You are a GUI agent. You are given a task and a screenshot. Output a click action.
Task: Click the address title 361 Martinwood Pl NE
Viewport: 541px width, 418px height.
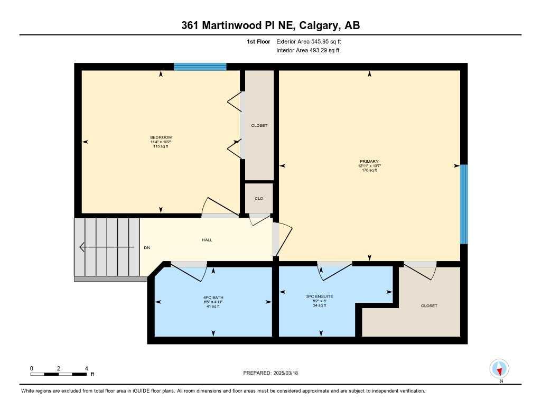pyautogui.click(x=270, y=25)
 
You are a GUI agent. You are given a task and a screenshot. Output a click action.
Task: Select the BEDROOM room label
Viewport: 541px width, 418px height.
pyautogui.click(x=161, y=137)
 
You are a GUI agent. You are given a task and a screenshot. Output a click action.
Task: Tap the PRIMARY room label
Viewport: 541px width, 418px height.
pyautogui.click(x=369, y=162)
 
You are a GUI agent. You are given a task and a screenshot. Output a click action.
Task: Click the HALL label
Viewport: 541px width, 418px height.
pyautogui.click(x=207, y=240)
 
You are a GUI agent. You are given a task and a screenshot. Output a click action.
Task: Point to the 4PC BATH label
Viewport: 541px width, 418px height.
pyautogui.click(x=213, y=297)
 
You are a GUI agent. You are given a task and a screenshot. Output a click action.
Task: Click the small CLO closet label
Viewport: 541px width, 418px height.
pyautogui.click(x=259, y=198)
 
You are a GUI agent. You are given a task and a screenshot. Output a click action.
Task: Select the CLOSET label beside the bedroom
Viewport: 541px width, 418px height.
pyautogui.click(x=259, y=126)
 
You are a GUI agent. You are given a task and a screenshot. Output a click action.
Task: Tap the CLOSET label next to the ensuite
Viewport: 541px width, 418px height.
pyautogui.click(x=429, y=306)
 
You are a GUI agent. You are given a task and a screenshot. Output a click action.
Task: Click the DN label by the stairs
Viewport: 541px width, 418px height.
pyautogui.click(x=147, y=247)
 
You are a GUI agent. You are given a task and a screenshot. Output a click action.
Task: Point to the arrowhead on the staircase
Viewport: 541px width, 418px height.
pyautogui.click(x=81, y=247)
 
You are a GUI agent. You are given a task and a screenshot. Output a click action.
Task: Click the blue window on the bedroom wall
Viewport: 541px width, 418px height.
pyautogui.click(x=200, y=67)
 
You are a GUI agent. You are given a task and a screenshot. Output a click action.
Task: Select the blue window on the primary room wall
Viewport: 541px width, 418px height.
pyautogui.click(x=464, y=204)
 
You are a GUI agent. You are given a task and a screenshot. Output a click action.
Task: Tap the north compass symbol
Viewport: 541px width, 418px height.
pyautogui.click(x=499, y=368)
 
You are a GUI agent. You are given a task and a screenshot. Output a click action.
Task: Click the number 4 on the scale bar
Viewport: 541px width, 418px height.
pyautogui.click(x=86, y=368)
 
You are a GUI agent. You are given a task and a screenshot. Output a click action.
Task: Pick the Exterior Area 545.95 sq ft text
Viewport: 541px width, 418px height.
pyautogui.click(x=312, y=41)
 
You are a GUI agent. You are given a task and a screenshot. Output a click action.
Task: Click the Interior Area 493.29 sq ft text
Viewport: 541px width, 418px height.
pyautogui.click(x=307, y=51)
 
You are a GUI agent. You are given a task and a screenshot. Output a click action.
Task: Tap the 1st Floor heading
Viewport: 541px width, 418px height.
pyautogui.click(x=259, y=41)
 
